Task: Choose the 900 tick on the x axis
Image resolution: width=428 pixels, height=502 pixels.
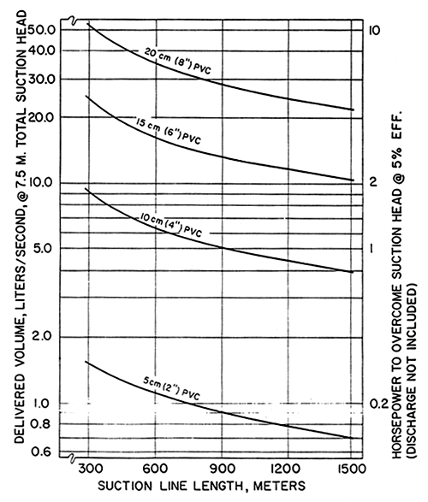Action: [219, 469]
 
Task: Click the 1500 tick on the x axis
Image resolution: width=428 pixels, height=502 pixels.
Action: [351, 469]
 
